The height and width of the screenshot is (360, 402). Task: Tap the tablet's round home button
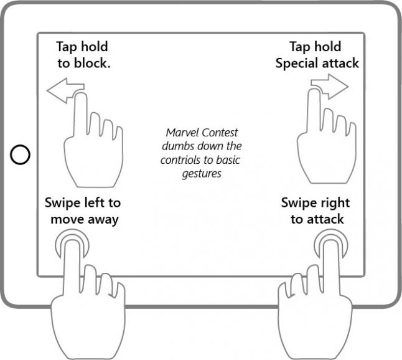[x=21, y=154]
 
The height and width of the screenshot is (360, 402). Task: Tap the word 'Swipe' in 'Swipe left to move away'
[x=62, y=203]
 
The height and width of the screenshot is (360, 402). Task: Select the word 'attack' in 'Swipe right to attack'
[x=326, y=219]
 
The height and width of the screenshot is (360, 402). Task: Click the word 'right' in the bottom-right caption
[x=334, y=203]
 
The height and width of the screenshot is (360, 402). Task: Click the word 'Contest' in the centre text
[x=221, y=133]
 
